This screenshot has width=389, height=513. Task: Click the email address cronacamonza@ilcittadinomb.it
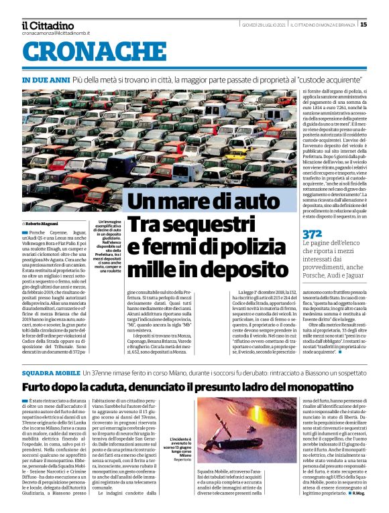(56, 33)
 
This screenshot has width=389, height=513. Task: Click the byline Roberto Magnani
(43, 223)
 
